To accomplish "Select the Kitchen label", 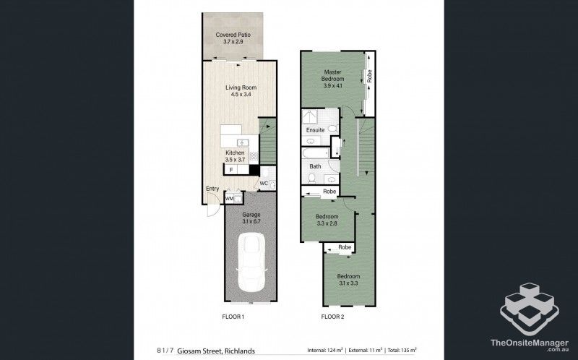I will [x=235, y=157].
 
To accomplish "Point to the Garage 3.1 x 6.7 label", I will [x=251, y=219].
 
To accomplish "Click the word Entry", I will [x=212, y=189].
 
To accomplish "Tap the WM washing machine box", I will [x=229, y=197].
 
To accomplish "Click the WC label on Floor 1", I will [x=264, y=184].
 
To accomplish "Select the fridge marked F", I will [x=230, y=170].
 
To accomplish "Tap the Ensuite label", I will [x=315, y=130].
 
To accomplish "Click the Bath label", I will [x=315, y=166].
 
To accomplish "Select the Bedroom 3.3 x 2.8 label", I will [x=327, y=220].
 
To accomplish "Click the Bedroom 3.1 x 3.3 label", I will [x=348, y=280].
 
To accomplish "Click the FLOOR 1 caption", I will [x=233, y=317].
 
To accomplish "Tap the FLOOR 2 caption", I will [x=332, y=317].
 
